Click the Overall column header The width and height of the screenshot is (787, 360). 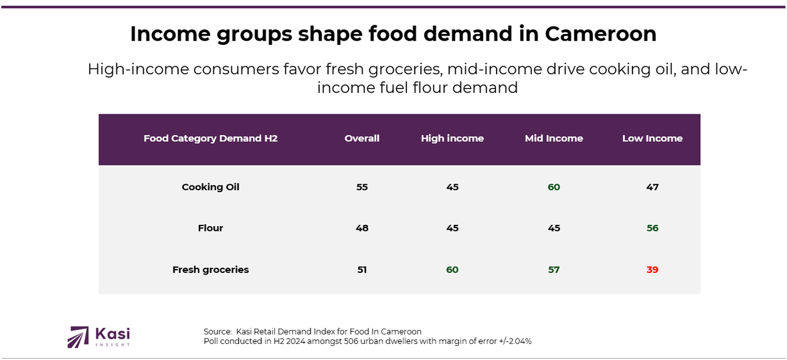coord(362,139)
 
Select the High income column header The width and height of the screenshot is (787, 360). coord(452,139)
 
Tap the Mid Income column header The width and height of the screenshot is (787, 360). coord(554,139)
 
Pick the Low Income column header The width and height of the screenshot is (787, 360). coord(652,139)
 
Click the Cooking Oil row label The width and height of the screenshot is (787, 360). coord(211,187)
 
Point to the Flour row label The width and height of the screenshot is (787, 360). coord(211,228)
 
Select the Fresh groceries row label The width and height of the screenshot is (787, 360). coord(211,270)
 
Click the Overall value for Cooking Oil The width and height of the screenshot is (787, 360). coord(362,187)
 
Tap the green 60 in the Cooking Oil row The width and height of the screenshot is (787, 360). coord(554,187)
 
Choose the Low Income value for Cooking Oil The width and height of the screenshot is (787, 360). coord(652,187)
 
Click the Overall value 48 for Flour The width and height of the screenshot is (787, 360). coord(362,228)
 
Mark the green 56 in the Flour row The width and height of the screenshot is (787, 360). coord(652,228)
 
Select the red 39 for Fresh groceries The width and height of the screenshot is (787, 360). coord(652,270)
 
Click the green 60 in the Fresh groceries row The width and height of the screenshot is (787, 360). coord(452,270)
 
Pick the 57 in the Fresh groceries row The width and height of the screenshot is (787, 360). coord(554,270)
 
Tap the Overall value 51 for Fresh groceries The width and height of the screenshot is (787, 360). coord(362,270)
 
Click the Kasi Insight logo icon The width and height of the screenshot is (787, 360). coord(78,337)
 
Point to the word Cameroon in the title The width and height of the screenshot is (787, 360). coord(601,34)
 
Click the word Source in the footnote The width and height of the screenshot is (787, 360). coord(217,332)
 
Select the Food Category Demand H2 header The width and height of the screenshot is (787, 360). coord(211,139)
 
